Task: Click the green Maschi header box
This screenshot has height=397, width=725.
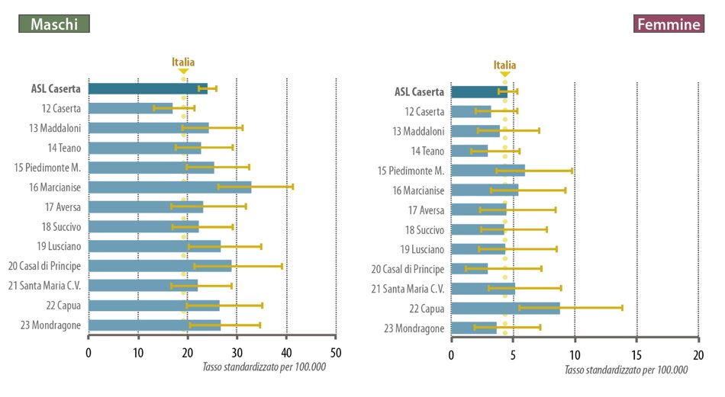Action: click(x=54, y=24)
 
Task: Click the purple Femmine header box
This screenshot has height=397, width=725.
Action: click(x=668, y=24)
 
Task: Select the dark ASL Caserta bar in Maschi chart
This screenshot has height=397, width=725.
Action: click(x=147, y=88)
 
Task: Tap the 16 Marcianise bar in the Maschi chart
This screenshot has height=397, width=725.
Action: click(x=169, y=187)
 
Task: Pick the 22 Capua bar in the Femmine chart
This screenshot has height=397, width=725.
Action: click(x=505, y=308)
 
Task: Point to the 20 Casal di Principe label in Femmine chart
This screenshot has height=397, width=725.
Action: click(x=408, y=268)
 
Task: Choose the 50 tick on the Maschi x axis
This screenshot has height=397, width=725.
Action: click(x=336, y=353)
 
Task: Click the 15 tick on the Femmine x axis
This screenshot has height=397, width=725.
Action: click(x=636, y=354)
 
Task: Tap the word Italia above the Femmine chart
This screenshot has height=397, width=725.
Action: click(x=504, y=65)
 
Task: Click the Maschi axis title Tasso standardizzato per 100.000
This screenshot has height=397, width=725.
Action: click(x=264, y=367)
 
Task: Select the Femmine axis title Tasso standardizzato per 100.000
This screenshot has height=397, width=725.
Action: click(x=626, y=370)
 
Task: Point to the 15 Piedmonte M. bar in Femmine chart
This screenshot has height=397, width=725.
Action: click(x=488, y=170)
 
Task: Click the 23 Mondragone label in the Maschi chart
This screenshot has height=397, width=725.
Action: click(x=51, y=325)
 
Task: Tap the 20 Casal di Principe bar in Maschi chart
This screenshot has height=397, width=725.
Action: click(x=159, y=266)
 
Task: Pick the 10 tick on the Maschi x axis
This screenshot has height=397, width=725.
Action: click(x=137, y=353)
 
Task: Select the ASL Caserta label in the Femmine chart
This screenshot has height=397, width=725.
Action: click(x=419, y=92)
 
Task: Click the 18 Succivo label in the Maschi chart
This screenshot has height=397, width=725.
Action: click(x=62, y=226)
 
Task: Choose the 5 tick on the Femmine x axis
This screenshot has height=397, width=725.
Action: click(x=513, y=354)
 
